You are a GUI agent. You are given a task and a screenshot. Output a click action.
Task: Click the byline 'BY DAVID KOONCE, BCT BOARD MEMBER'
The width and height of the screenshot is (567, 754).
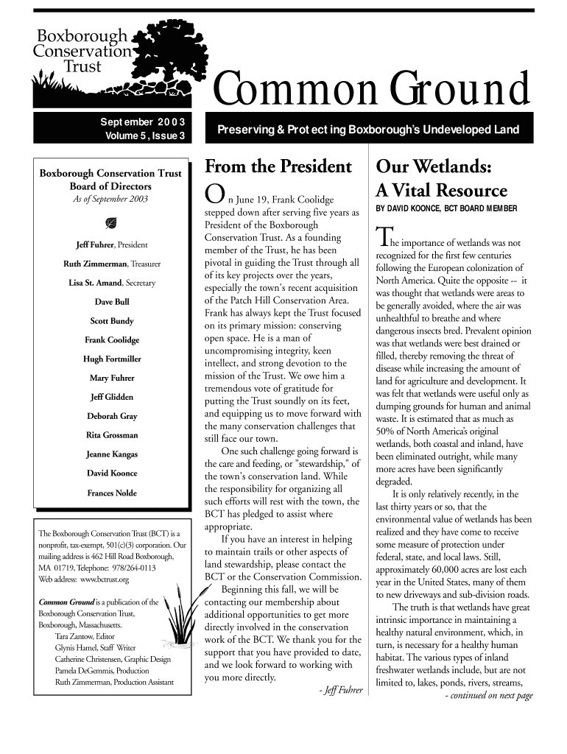point(446,210)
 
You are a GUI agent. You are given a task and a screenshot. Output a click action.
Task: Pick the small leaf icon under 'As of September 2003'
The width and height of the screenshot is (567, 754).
point(112,223)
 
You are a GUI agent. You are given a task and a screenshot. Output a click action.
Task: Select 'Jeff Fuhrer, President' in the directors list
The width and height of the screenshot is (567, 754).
point(112,244)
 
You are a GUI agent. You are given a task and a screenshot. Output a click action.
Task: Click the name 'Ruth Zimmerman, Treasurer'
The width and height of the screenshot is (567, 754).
point(112,264)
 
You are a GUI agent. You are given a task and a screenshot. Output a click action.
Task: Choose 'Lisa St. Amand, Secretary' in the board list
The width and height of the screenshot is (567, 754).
point(112,283)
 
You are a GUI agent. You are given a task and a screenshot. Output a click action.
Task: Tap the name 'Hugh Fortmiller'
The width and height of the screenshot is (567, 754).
point(112,359)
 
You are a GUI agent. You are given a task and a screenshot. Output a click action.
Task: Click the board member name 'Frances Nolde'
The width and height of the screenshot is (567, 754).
point(112,493)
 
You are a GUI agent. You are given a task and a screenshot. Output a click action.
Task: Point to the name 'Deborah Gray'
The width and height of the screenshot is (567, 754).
point(112,416)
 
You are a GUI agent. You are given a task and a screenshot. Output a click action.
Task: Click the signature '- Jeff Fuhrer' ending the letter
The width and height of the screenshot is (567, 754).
point(337,691)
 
